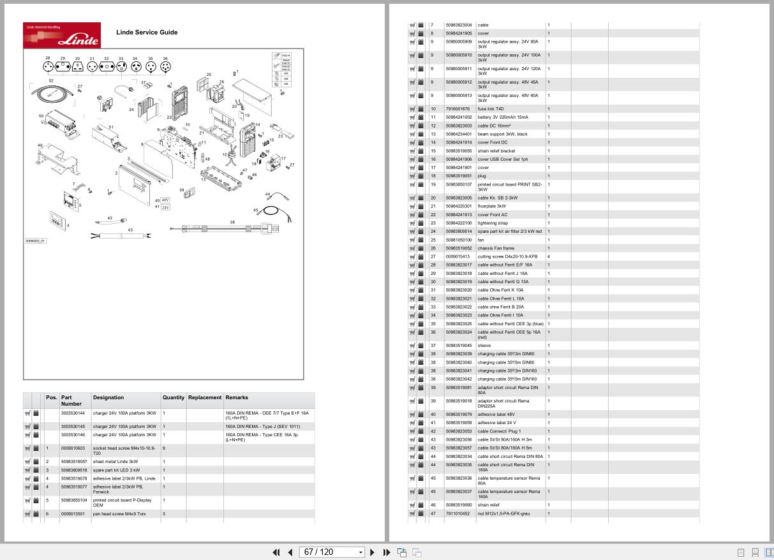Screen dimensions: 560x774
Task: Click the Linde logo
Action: click(62, 35)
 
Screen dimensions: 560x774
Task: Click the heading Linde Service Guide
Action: click(147, 33)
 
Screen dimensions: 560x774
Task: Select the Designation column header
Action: click(108, 397)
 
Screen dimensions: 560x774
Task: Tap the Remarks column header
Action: click(237, 397)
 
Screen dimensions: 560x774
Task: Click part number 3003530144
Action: click(73, 413)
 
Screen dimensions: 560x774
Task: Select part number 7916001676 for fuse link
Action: click(458, 109)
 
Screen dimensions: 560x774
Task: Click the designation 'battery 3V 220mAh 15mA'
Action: click(503, 117)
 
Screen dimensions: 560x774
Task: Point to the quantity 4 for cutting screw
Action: click(549, 256)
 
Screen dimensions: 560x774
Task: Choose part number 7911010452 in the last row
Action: click(458, 513)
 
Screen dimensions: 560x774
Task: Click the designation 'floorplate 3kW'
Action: click(492, 206)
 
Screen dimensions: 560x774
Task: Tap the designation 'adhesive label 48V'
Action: click(496, 415)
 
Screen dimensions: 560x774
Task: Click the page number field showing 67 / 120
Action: click(332, 552)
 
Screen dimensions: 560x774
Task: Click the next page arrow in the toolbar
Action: click(372, 552)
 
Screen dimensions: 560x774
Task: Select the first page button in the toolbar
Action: click(276, 552)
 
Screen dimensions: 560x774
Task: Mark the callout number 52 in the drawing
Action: click(51, 81)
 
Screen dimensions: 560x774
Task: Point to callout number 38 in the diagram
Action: click(232, 222)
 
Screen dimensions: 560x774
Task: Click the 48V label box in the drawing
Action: click(165, 200)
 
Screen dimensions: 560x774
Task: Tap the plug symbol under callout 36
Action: click(165, 66)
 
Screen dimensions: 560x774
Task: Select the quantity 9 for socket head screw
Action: click(164, 448)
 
